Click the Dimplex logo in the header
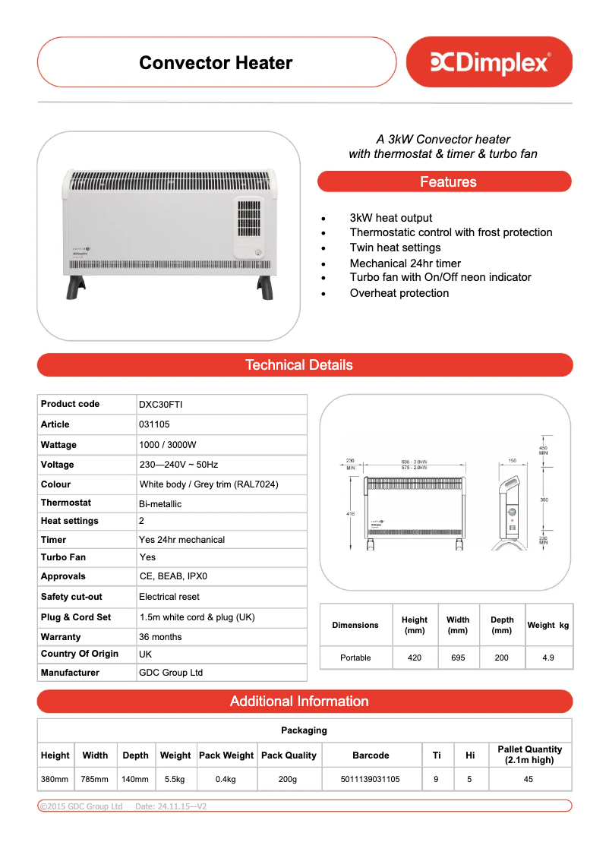pos(490,62)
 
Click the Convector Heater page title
pos(216,63)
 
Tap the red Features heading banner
pos(444,182)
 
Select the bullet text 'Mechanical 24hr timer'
pos(405,263)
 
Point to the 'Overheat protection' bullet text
pos(399,293)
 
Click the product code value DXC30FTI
pos(160,405)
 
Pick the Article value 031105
pos(154,424)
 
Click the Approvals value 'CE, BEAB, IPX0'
pos(173,576)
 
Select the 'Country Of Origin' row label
pos(80,654)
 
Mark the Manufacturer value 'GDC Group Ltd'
pos(171,673)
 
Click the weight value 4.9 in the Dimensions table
pos(548,658)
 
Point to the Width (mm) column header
pos(458,625)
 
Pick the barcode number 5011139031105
pos(371,779)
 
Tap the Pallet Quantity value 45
pos(529,779)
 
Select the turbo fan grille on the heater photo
pos(249,220)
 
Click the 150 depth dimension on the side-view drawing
pos(513,460)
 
